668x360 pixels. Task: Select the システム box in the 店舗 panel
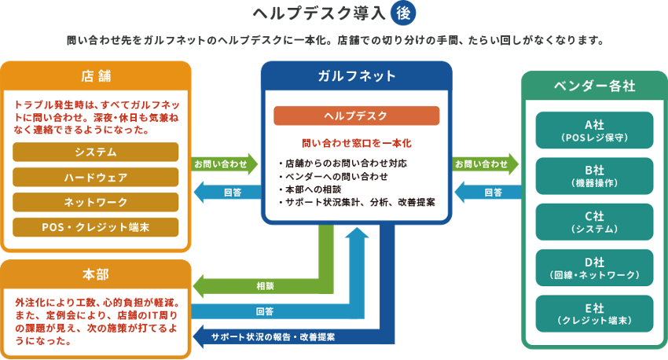(x=96, y=152)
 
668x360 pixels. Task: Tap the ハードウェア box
(x=96, y=177)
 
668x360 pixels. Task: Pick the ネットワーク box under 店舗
(x=96, y=202)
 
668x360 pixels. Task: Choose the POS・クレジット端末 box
(x=96, y=227)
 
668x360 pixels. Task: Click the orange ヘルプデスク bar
(x=356, y=116)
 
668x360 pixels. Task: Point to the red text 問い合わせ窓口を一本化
(x=356, y=144)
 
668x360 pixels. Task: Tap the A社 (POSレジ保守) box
(x=594, y=130)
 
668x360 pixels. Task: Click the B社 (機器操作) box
(x=594, y=176)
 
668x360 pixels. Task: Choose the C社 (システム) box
(x=594, y=222)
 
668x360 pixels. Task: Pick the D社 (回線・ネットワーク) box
(x=594, y=268)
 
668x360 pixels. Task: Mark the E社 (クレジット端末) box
(x=594, y=314)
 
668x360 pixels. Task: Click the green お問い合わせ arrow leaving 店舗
(x=225, y=164)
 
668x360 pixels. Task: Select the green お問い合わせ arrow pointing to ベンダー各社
(x=486, y=164)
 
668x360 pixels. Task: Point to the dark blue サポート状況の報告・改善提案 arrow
(x=275, y=337)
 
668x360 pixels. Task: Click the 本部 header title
(x=96, y=274)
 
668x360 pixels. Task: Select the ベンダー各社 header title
(x=594, y=86)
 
